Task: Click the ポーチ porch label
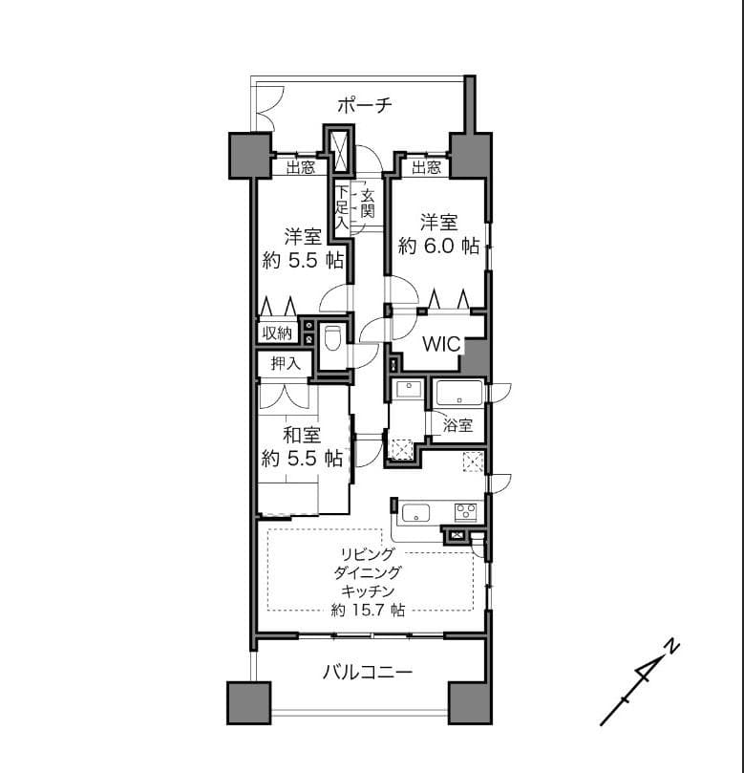coord(365,105)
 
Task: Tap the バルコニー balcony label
coord(368,673)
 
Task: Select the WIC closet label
coord(441,344)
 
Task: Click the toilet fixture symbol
coord(332,337)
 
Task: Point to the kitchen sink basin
coord(416,513)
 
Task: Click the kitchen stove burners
coord(466,512)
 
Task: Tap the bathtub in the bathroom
coord(459,393)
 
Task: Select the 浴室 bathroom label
coord(457,425)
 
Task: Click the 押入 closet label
coord(286,364)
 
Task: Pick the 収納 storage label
coord(277,333)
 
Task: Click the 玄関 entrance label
coord(368,204)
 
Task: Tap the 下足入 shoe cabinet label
coord(342,206)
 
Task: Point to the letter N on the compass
coord(671,647)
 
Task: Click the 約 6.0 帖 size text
coord(438,246)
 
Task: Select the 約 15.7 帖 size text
coord(368,611)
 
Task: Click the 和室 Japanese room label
coord(302,436)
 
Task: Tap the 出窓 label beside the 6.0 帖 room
coord(426,167)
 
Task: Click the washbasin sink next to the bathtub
coord(408,390)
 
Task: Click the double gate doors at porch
coord(268,109)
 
